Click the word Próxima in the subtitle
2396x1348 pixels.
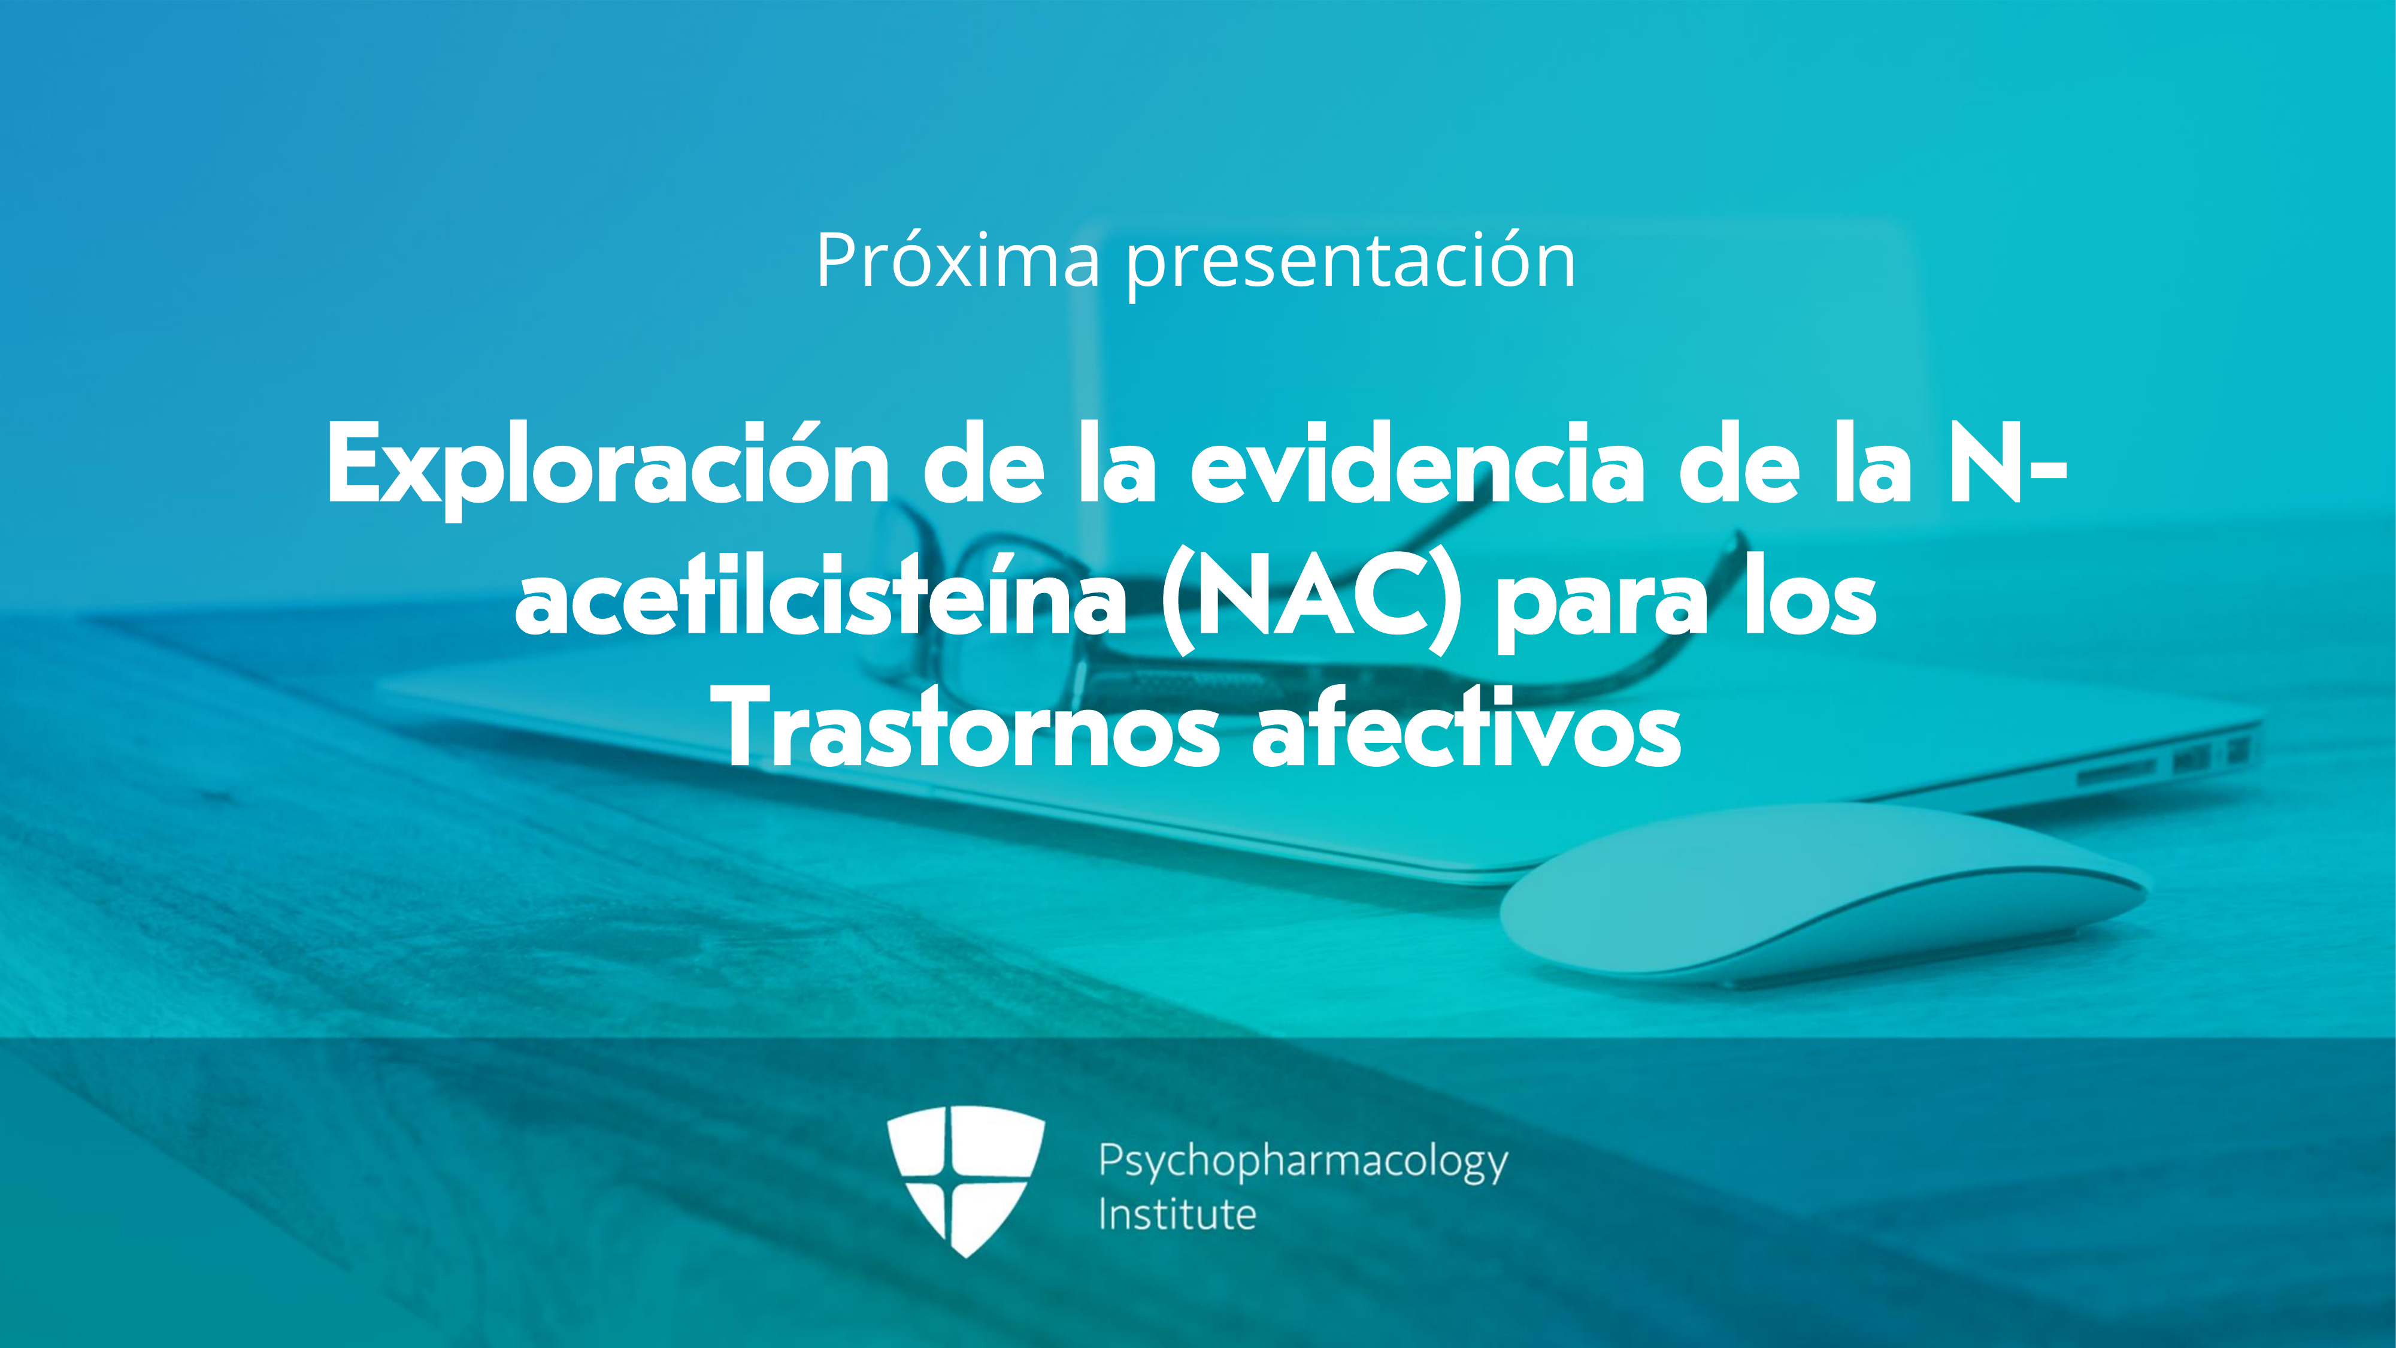(x=959, y=261)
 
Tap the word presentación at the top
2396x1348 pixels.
(x=1352, y=266)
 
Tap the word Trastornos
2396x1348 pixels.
(x=970, y=729)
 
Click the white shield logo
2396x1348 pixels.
(x=965, y=1180)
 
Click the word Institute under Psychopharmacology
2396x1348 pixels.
(x=1177, y=1214)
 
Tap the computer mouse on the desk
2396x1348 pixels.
(x=1823, y=893)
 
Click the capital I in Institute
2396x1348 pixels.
(x=1102, y=1214)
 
